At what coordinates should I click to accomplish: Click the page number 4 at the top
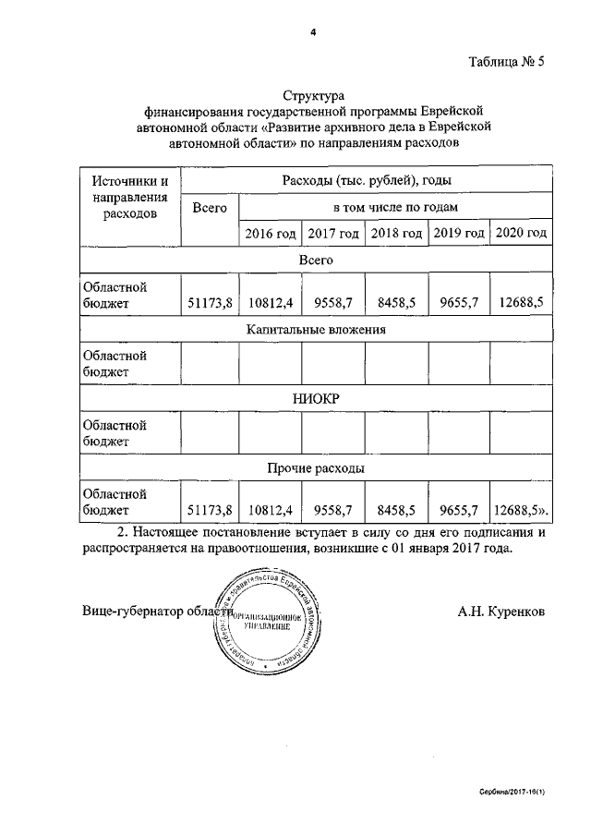point(313,32)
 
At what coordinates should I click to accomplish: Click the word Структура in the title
point(313,95)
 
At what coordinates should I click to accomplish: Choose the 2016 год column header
point(271,234)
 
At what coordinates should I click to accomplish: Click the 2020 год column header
point(521,234)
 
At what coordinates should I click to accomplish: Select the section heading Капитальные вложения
point(316,329)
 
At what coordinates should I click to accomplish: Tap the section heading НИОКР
point(316,398)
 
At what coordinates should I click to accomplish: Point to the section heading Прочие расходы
point(316,468)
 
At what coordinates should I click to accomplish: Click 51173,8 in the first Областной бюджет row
point(209,302)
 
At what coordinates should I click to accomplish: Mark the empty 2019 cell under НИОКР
point(459,432)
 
